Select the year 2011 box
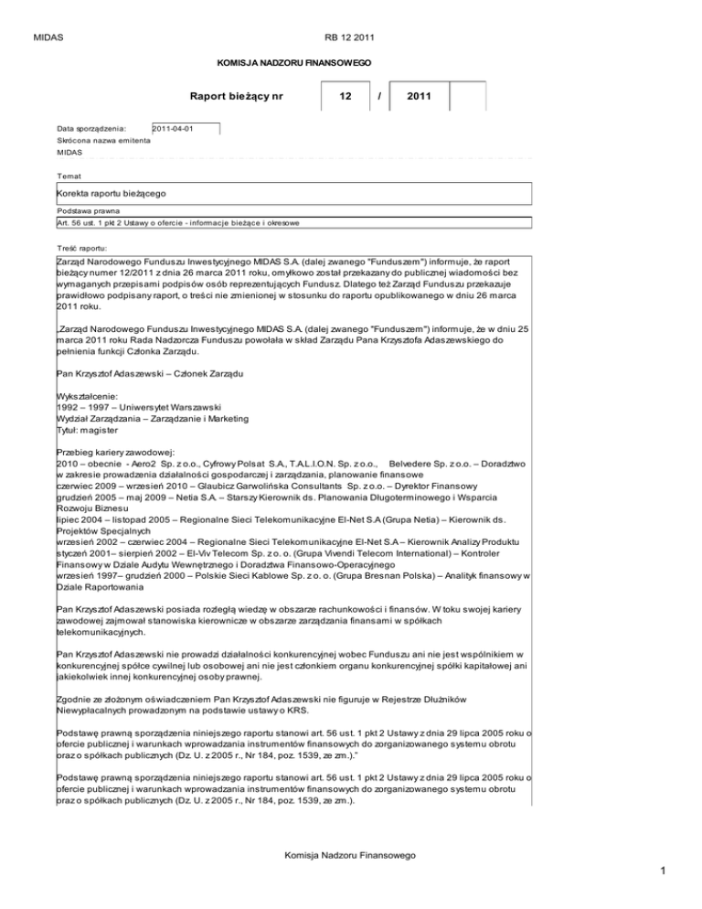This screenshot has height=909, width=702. coord(420,95)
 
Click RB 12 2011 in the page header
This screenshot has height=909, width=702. coord(350,12)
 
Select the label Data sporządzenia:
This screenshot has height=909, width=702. coord(90,129)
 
